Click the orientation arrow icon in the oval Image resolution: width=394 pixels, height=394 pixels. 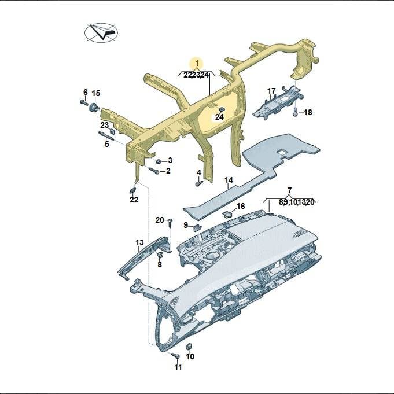101,32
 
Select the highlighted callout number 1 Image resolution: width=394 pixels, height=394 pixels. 197,63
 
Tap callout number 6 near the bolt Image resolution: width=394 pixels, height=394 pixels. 86,92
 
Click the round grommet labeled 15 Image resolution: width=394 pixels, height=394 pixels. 94,108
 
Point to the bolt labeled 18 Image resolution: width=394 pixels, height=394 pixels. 296,112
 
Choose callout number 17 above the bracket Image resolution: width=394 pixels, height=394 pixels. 271,91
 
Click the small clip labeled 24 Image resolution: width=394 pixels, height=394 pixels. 222,109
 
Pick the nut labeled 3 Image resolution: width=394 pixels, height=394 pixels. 159,161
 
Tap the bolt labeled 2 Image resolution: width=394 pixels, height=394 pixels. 154,170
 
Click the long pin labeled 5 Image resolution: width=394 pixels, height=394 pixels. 106,136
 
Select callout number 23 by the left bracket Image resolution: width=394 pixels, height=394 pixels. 105,125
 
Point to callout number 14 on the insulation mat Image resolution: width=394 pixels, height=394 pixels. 229,180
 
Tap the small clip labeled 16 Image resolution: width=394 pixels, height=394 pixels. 227,214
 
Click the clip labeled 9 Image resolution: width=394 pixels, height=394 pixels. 197,227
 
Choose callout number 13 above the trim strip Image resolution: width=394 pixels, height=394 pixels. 139,242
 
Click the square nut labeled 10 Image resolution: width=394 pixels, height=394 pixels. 189,346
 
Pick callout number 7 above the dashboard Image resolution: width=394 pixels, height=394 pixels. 289,190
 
